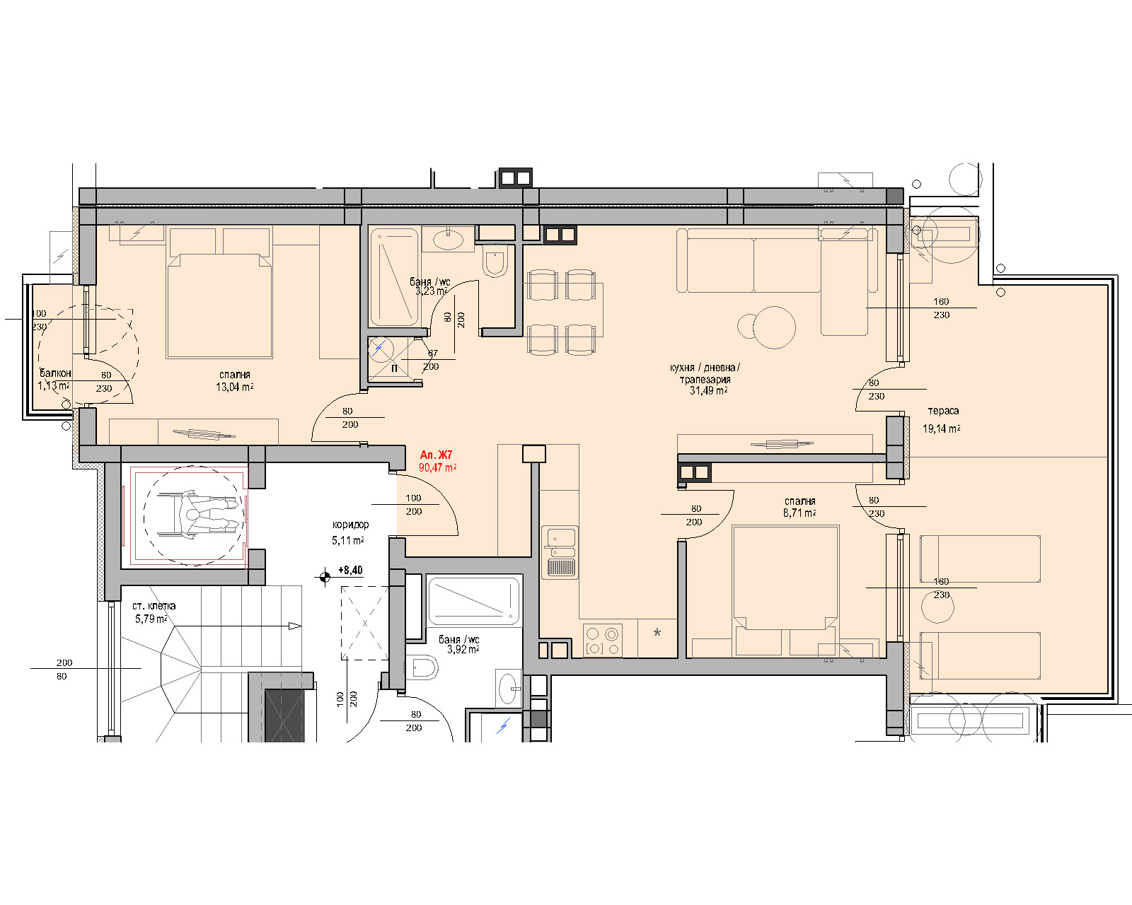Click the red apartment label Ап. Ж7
(436, 455)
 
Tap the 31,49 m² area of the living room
(709, 390)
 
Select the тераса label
(943, 411)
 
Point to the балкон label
(55, 373)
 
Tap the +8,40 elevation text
(350, 570)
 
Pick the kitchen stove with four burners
(603, 641)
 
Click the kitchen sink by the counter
(560, 552)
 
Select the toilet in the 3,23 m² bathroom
(495, 261)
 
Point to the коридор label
(350, 525)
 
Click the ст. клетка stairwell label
(154, 606)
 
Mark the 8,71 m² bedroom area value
(799, 513)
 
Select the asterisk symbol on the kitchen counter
(657, 633)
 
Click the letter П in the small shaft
(395, 368)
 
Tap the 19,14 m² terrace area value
(942, 428)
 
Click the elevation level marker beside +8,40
(325, 578)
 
